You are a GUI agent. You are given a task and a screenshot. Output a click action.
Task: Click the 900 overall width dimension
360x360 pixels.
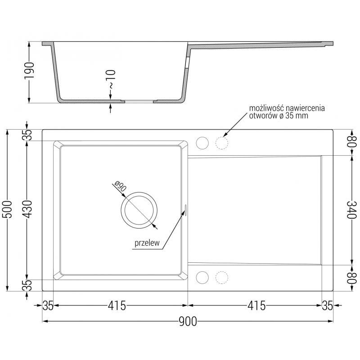(188, 321)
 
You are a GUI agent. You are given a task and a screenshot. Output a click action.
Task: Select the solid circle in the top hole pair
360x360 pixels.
(202, 142)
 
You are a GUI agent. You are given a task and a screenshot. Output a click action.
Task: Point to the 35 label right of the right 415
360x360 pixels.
(327, 306)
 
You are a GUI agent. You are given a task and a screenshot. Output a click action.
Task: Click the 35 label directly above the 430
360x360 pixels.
(27, 135)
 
